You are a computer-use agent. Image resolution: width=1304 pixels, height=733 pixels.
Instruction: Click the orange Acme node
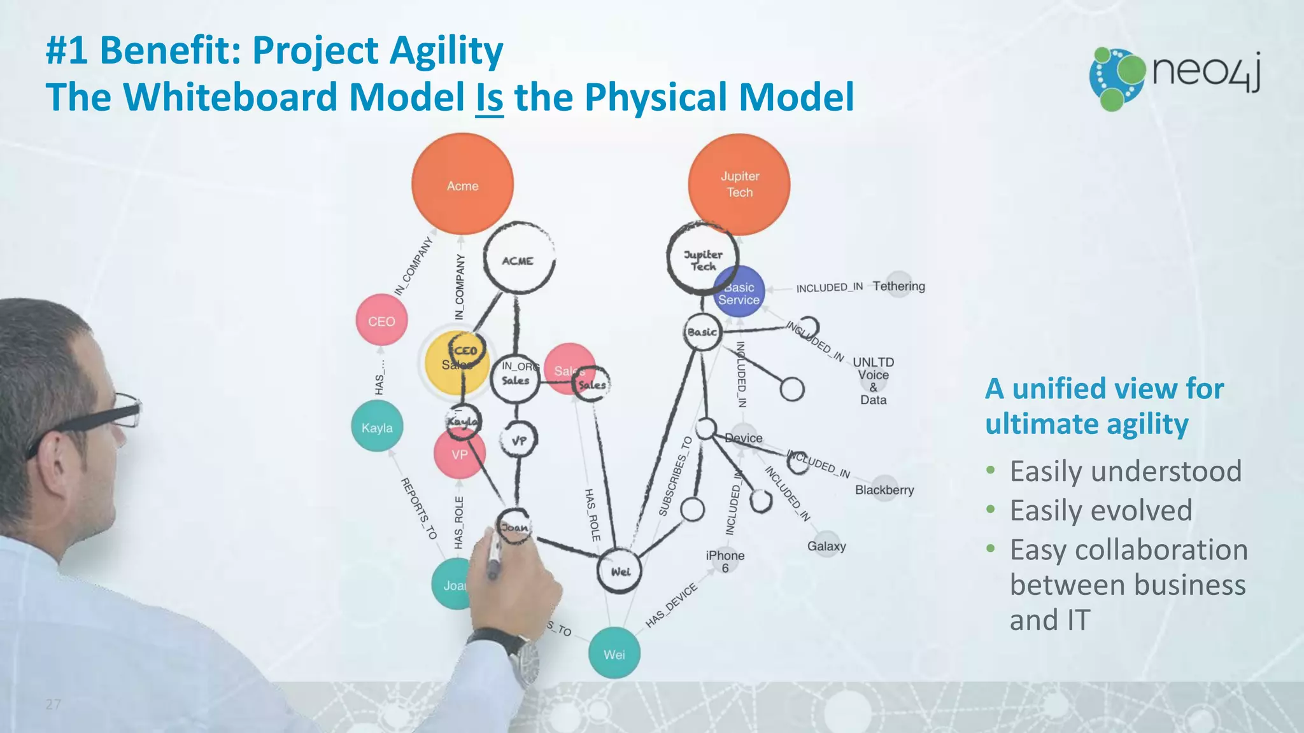[x=462, y=185]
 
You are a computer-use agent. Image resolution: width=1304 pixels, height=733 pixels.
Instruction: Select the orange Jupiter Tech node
[x=739, y=184]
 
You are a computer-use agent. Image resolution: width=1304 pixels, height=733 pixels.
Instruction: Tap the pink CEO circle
[x=381, y=321]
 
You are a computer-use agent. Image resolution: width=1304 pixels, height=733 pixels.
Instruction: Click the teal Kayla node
[x=377, y=427]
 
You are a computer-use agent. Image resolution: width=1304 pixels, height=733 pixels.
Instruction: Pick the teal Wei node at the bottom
[x=614, y=653]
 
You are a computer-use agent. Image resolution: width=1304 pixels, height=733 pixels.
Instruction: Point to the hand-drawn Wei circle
[x=620, y=571]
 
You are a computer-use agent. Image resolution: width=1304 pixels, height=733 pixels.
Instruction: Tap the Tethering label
[x=898, y=286]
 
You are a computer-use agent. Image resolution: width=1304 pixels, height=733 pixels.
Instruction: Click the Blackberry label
[x=884, y=489]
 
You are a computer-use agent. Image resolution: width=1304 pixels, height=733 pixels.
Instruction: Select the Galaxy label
[x=826, y=545]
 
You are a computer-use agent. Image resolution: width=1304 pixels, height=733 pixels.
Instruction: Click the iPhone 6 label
[x=725, y=560]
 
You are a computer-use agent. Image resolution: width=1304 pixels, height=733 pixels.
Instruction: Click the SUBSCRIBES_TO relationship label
[x=675, y=476]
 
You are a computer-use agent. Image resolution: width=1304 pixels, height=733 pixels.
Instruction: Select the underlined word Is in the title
[x=489, y=97]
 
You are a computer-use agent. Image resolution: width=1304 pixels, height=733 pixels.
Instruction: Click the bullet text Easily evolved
[x=1100, y=510]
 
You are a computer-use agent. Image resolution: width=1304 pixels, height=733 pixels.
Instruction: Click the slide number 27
[x=53, y=704]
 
